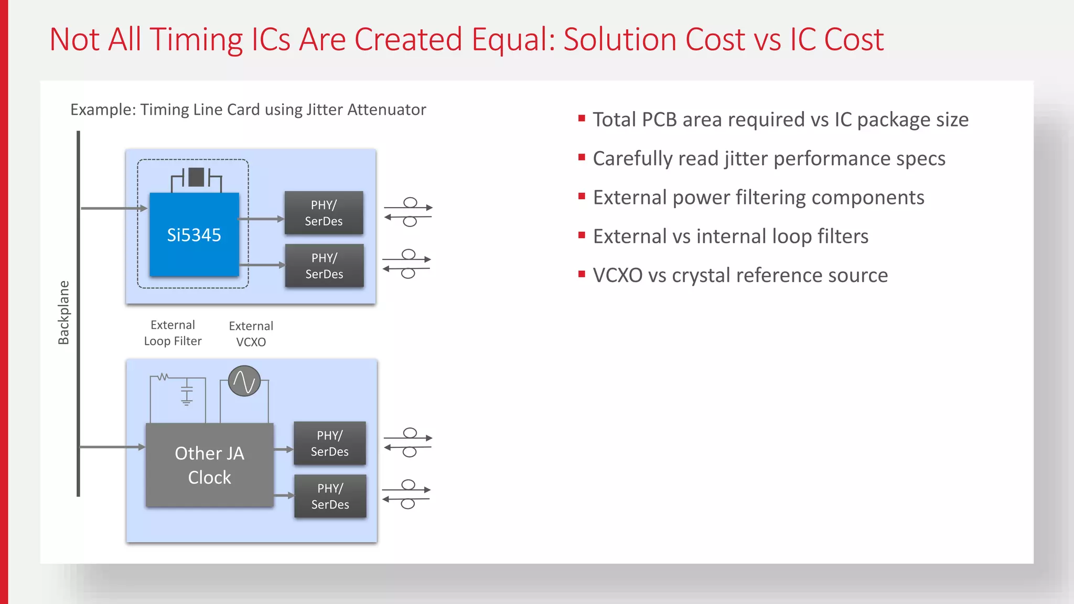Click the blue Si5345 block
[x=194, y=234]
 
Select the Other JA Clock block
[x=209, y=465]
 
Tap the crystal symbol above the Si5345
[x=196, y=177]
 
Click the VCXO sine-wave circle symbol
[x=244, y=381]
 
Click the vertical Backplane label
[x=63, y=312]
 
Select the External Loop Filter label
[x=173, y=333]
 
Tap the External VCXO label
[x=251, y=334]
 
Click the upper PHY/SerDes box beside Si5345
[x=324, y=213]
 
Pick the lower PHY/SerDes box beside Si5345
[x=324, y=266]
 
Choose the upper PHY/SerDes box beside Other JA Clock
[x=329, y=443]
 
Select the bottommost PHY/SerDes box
[x=330, y=496]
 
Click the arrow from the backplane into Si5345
[x=113, y=208]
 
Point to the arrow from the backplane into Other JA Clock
[x=112, y=447]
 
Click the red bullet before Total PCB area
[x=582, y=118]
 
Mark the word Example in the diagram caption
[x=102, y=110]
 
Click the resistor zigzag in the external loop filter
[x=163, y=376]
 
